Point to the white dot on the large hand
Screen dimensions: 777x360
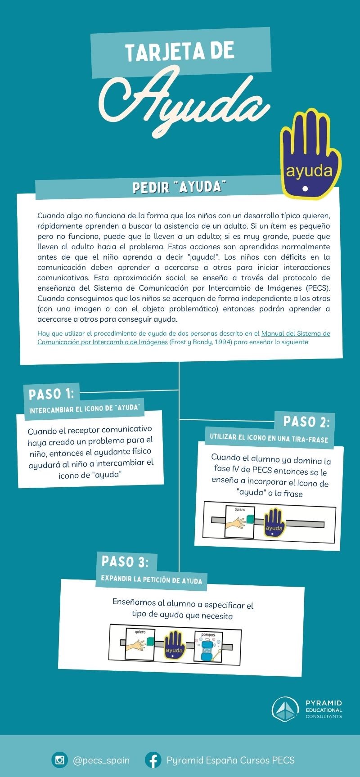click(306, 189)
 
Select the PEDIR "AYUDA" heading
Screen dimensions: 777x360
click(179, 187)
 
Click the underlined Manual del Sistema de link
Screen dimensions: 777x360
click(295, 333)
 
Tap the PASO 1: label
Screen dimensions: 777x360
click(51, 394)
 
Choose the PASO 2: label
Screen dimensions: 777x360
click(306, 422)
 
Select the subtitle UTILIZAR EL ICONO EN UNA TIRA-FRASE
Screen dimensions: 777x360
click(269, 438)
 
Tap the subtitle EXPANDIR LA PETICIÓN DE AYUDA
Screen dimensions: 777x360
click(151, 579)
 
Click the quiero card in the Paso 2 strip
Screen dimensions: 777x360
click(239, 521)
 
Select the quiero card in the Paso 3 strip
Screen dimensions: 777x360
click(140, 644)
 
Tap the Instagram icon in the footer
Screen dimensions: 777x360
click(59, 760)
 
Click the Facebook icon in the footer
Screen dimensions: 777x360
click(153, 760)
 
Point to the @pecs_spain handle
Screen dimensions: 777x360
click(101, 760)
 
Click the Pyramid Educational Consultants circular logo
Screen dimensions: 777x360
click(285, 709)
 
